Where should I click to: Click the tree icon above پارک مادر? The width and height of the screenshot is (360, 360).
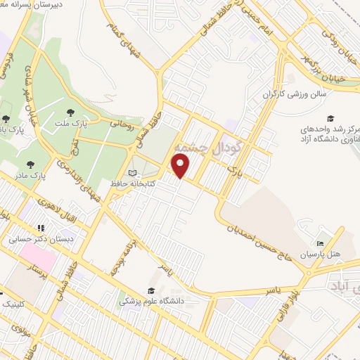(26, 164)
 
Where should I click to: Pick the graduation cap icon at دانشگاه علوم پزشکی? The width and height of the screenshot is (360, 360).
(150, 290)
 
